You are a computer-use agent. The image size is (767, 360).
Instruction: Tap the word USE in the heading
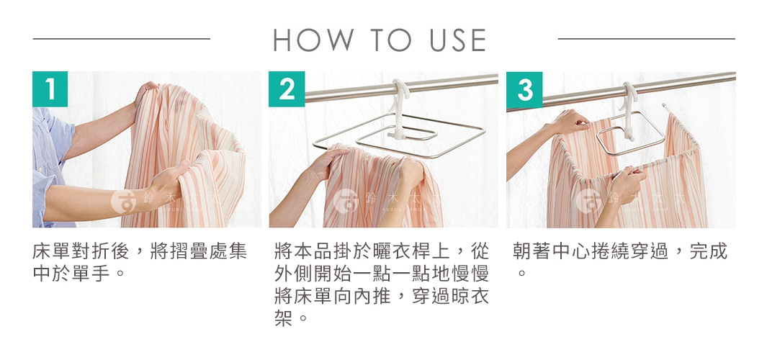(458, 40)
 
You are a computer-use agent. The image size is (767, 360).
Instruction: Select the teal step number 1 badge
(50, 89)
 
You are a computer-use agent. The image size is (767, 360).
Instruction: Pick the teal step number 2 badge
(287, 89)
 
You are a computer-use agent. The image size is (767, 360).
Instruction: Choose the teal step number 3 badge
(524, 89)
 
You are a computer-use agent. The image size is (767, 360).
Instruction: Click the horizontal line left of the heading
(121, 38)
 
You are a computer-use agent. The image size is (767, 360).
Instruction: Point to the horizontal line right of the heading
(646, 38)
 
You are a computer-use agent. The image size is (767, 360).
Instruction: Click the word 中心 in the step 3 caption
(570, 252)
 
